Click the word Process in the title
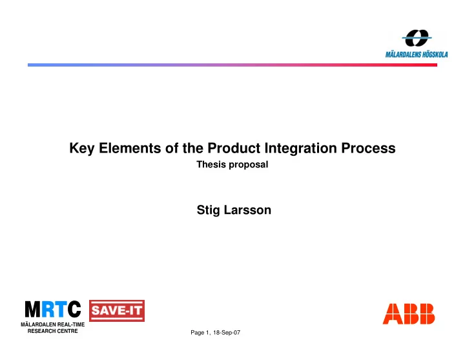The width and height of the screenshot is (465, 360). pos(368,148)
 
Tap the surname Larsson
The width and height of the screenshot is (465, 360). pos(247,210)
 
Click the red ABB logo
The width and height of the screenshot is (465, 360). pos(409,313)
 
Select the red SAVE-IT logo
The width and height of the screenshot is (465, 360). pos(117,311)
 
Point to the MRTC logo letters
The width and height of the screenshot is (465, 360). pos(53,309)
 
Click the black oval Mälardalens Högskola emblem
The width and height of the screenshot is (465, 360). pos(417,38)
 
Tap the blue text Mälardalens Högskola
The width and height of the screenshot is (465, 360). pos(417,54)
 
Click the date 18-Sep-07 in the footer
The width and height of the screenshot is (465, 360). pos(227,333)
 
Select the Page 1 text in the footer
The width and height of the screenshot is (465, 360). pos(200,333)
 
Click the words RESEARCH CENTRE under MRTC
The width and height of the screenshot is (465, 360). pos(53,331)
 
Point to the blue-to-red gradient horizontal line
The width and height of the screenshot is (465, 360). pos(232,65)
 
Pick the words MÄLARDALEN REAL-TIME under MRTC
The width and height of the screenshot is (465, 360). pos(53,324)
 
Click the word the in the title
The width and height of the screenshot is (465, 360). pos(192,148)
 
